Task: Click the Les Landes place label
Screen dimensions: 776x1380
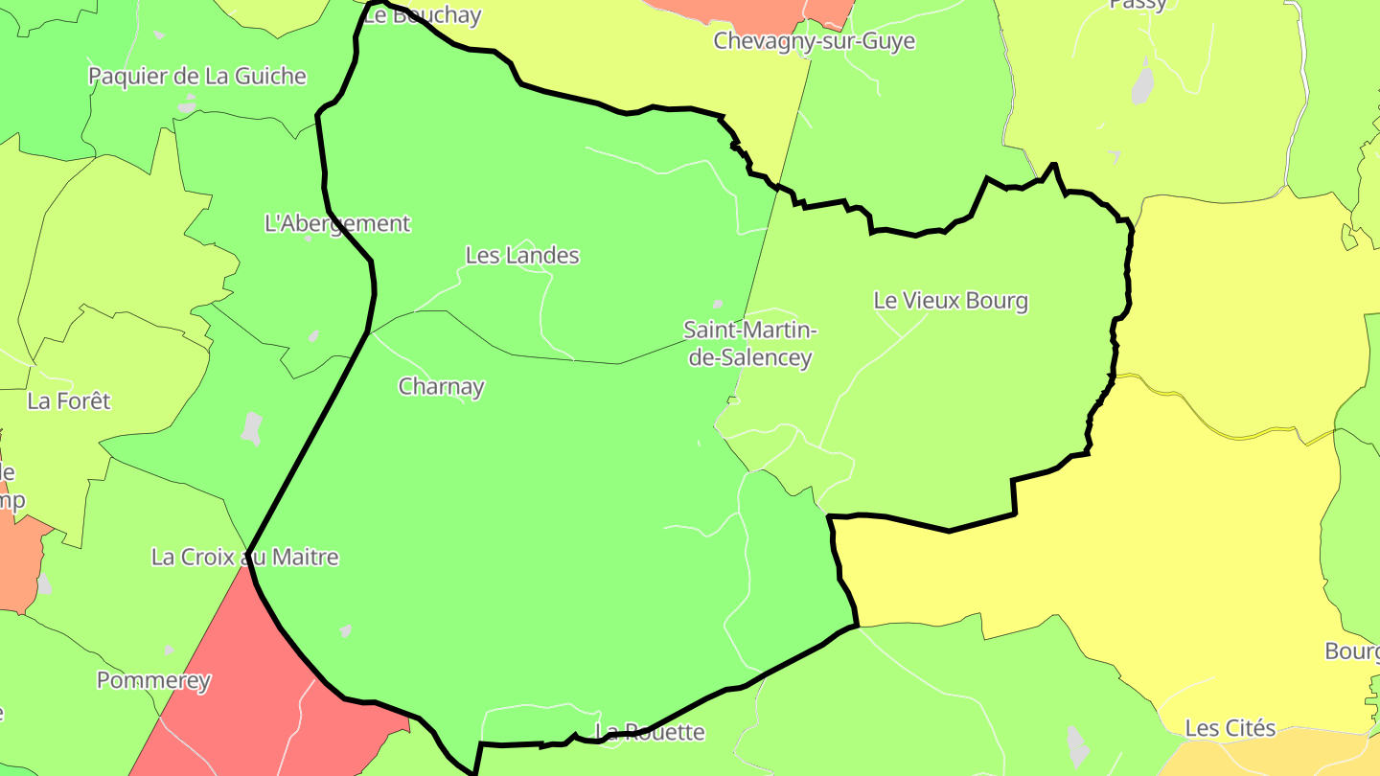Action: pyautogui.click(x=522, y=256)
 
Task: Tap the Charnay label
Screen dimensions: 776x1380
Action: pyautogui.click(x=441, y=387)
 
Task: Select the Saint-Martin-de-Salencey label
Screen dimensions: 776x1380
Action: pyautogui.click(x=749, y=344)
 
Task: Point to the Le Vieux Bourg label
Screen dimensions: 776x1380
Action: pyautogui.click(x=951, y=301)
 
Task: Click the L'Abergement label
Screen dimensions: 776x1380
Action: pyautogui.click(x=336, y=224)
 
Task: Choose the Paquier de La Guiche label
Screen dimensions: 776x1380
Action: pyautogui.click(x=197, y=77)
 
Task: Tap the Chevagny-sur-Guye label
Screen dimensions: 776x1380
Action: pyautogui.click(x=814, y=41)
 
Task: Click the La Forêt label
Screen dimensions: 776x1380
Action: pyautogui.click(x=69, y=401)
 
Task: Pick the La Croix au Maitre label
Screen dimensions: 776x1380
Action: pyautogui.click(x=244, y=558)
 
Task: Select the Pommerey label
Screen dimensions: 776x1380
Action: pyautogui.click(x=153, y=681)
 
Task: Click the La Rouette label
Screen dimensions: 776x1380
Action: pyautogui.click(x=651, y=733)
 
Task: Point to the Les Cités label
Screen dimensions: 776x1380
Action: pyautogui.click(x=1230, y=729)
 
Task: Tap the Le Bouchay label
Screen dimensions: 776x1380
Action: pyautogui.click(x=423, y=14)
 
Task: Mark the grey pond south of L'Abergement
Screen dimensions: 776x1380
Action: pyautogui.click(x=251, y=427)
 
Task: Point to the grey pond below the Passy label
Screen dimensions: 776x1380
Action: pyautogui.click(x=1142, y=82)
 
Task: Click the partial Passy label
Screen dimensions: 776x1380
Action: pyautogui.click(x=1138, y=5)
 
